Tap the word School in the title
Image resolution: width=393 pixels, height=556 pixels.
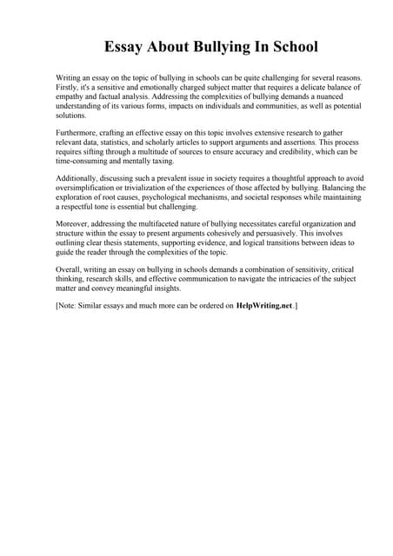[x=292, y=46]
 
